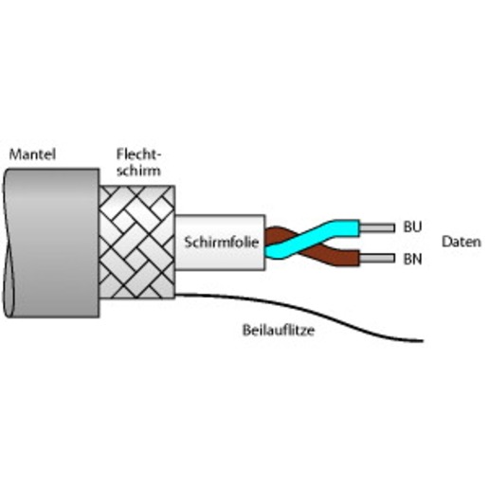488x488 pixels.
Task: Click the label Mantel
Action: pyautogui.click(x=32, y=154)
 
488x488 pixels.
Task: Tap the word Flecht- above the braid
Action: pyautogui.click(x=139, y=154)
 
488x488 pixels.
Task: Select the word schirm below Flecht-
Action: pyautogui.click(x=138, y=171)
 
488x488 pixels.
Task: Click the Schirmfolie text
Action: pyautogui.click(x=222, y=243)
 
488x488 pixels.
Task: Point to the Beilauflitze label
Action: pyautogui.click(x=279, y=330)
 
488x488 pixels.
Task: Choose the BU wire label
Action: pyautogui.click(x=412, y=226)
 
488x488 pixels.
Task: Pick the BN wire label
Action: pyautogui.click(x=412, y=259)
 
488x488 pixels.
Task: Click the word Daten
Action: pyautogui.click(x=461, y=242)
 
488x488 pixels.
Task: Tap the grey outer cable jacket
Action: pyautogui.click(x=52, y=244)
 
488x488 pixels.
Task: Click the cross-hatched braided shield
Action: pyautogui.click(x=136, y=242)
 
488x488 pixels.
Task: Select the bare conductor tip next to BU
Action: pyautogui.click(x=377, y=227)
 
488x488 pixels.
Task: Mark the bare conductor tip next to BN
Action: pyautogui.click(x=377, y=259)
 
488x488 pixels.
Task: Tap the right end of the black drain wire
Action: pyautogui.click(x=423, y=341)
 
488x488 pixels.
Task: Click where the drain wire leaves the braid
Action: pyautogui.click(x=176, y=295)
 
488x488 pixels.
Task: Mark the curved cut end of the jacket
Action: pyautogui.click(x=8, y=244)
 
